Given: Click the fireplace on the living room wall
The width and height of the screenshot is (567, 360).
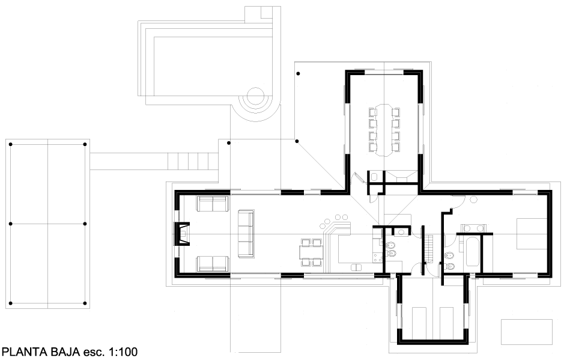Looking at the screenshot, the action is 183,234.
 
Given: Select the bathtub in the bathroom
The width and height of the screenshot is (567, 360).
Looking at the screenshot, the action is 473,251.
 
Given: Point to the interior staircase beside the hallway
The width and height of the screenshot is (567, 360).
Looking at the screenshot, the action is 429,249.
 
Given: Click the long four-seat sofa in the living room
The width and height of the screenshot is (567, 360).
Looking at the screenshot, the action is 246,234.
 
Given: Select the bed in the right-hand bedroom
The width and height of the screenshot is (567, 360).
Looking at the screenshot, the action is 531,233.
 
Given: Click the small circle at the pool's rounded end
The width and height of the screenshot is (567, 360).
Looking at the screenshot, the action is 255,96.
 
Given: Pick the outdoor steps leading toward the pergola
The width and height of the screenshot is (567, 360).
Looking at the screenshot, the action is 193,161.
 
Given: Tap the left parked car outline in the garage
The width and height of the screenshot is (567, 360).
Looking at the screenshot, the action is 419,322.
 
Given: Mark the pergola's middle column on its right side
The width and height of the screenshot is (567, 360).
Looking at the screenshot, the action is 85,224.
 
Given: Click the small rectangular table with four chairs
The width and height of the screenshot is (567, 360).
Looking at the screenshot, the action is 311,252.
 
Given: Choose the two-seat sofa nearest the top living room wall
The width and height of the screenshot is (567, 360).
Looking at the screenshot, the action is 213,204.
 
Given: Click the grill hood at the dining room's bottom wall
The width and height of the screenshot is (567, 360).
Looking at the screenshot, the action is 401,177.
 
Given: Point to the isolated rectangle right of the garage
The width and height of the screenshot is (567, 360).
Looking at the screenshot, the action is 527,332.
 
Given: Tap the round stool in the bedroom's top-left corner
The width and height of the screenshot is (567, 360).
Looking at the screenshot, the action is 473,200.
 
